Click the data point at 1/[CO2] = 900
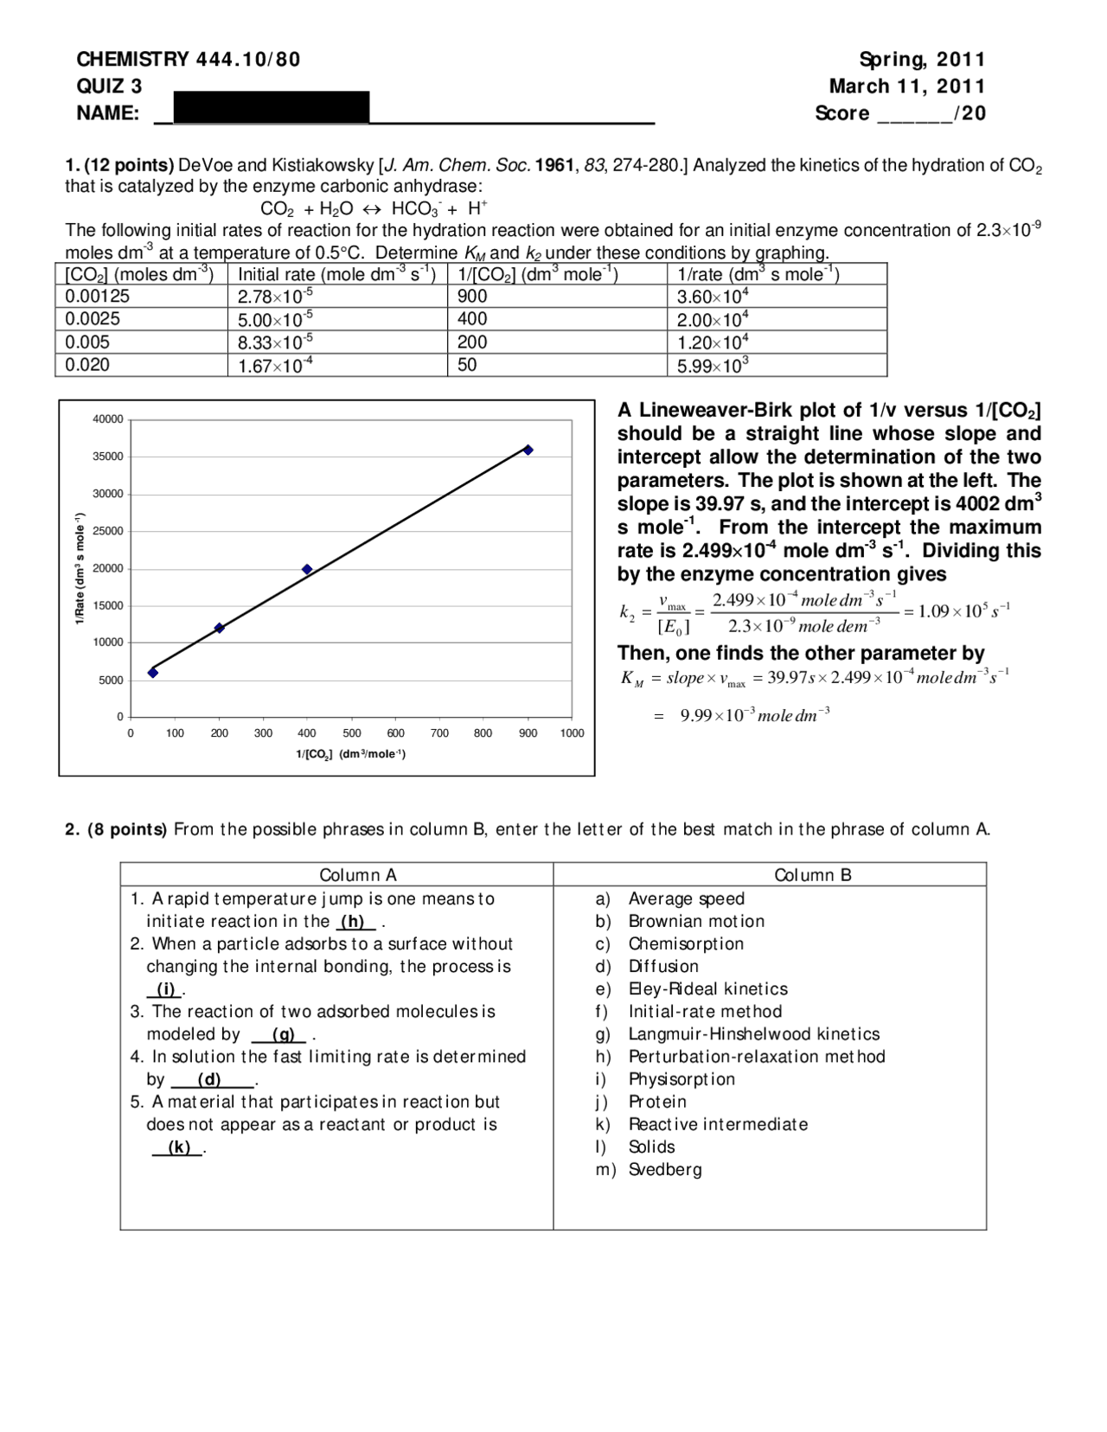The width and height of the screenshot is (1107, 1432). (x=528, y=450)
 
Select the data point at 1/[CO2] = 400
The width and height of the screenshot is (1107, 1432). (x=307, y=569)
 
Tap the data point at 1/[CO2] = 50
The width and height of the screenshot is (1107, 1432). (x=153, y=672)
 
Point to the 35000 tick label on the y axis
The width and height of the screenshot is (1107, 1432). (x=108, y=457)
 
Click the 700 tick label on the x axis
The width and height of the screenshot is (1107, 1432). (x=439, y=733)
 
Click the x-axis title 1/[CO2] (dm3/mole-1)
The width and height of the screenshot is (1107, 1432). (x=350, y=754)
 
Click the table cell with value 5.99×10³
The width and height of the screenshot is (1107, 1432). (x=713, y=365)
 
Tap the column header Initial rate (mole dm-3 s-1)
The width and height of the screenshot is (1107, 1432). (x=336, y=274)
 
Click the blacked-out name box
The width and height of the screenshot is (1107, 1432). (x=272, y=108)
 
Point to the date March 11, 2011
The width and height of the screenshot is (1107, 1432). (x=906, y=86)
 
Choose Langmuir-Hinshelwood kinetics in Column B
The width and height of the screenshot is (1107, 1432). (x=753, y=1034)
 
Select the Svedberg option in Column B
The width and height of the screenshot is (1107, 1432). (x=664, y=1169)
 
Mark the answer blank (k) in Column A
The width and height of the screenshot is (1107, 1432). (x=179, y=1148)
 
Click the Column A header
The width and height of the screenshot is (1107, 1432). (x=358, y=875)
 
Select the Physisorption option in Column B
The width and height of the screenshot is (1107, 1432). (x=681, y=1079)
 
